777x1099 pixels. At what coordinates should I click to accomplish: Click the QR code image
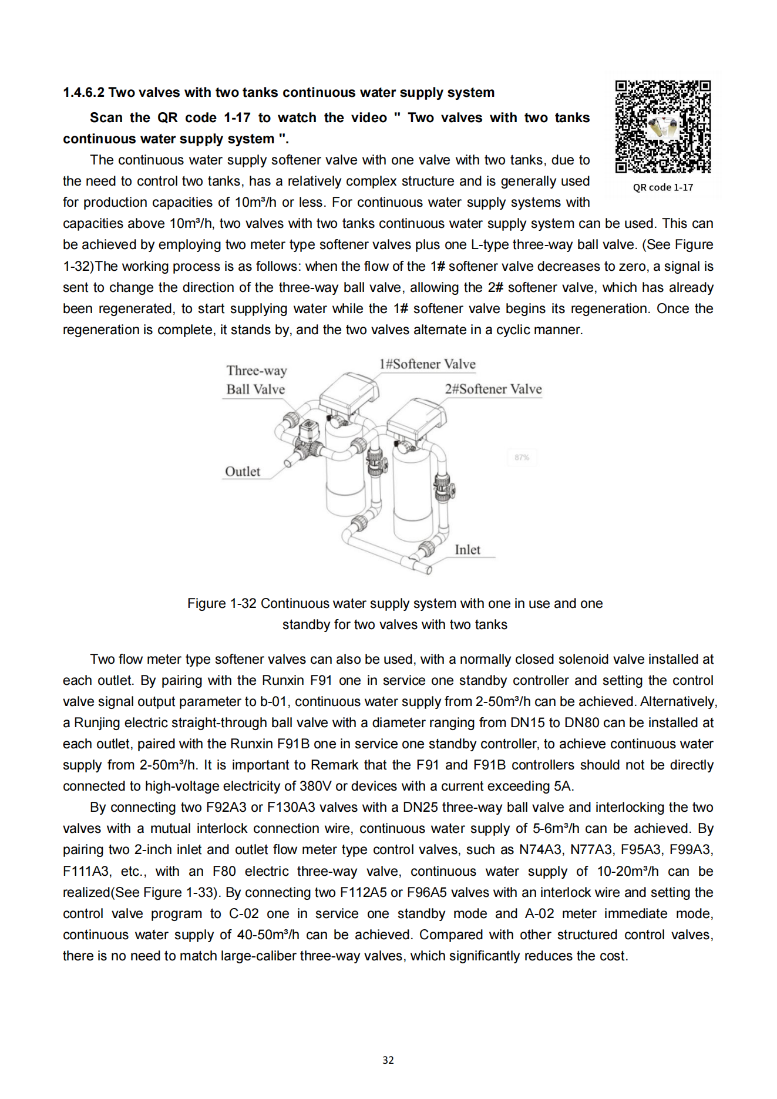663,127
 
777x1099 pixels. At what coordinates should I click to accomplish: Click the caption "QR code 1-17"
662,187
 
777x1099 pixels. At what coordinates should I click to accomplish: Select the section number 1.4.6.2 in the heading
83,93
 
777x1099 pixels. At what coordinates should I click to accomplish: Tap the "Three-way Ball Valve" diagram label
256,380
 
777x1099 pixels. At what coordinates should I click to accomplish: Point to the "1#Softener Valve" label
427,364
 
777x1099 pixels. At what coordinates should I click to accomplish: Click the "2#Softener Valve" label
493,389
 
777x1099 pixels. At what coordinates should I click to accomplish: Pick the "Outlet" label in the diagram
243,472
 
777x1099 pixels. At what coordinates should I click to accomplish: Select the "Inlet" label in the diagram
467,550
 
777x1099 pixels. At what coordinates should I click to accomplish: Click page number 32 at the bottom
388,1060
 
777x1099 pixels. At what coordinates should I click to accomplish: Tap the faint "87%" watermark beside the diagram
522,457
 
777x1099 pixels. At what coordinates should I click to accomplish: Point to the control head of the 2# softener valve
416,417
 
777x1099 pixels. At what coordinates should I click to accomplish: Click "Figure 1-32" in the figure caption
222,604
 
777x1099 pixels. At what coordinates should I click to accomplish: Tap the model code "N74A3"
540,850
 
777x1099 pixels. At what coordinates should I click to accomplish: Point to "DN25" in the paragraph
421,808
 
